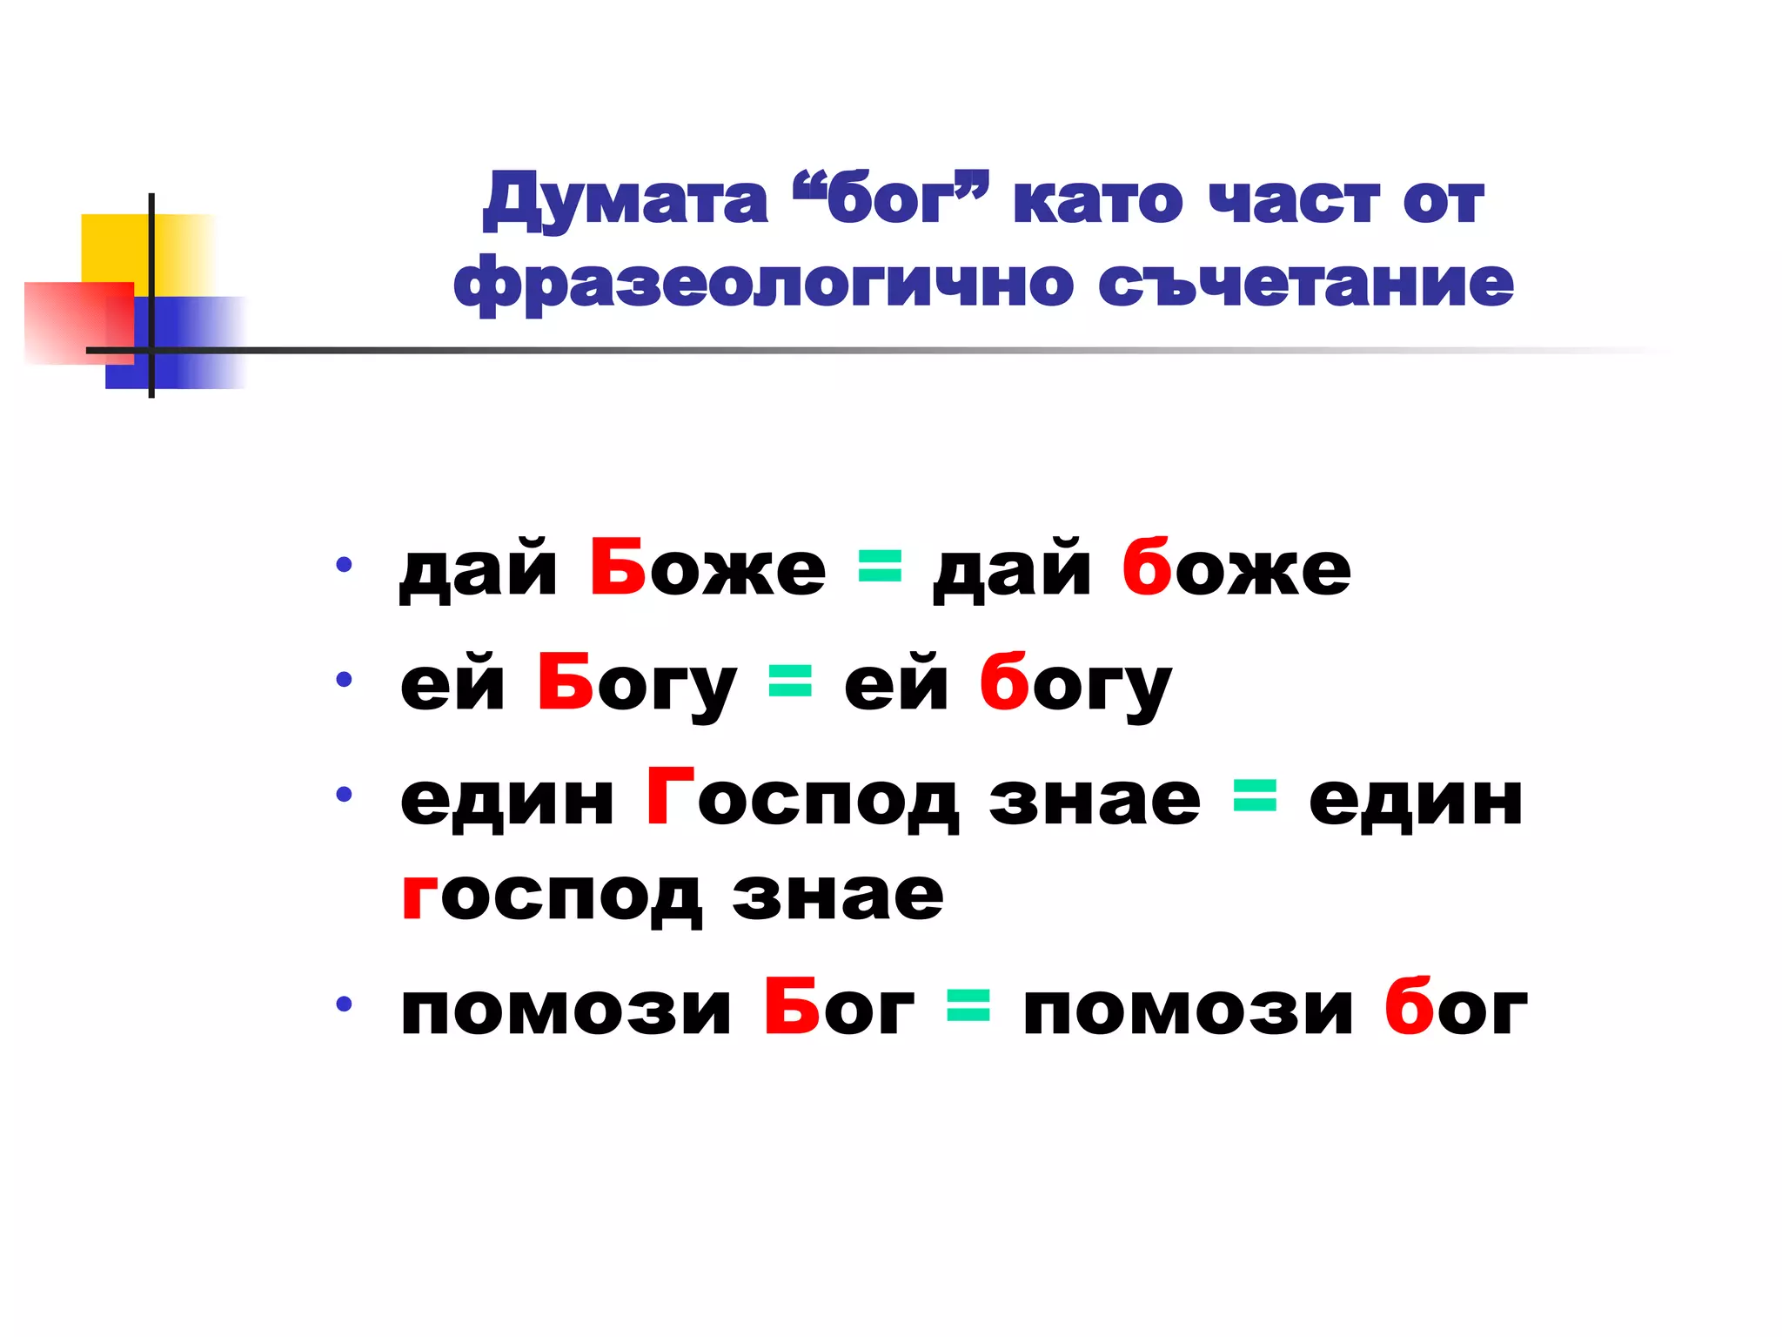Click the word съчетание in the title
1305,284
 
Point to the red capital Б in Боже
618,567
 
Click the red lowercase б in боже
1146,567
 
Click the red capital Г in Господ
669,796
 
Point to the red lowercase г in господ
419,897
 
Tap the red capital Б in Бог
792,1006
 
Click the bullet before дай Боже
345,565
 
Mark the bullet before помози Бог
345,1004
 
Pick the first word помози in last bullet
566,1010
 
